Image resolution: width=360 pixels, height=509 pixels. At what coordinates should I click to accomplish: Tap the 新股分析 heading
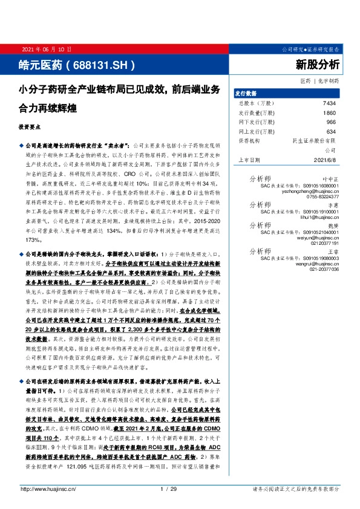coord(317,63)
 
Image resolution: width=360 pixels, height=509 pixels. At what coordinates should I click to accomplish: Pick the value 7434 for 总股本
coord(329,103)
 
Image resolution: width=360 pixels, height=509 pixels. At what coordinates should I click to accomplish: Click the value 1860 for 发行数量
coord(329,113)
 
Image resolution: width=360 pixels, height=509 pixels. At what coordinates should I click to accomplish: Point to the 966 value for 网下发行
coord(330,122)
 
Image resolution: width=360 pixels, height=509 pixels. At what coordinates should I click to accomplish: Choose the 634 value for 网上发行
coord(330,131)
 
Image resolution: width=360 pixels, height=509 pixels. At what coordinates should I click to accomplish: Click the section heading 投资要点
coord(30,128)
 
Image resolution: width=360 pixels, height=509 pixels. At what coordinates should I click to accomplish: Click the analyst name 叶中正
coord(329,179)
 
